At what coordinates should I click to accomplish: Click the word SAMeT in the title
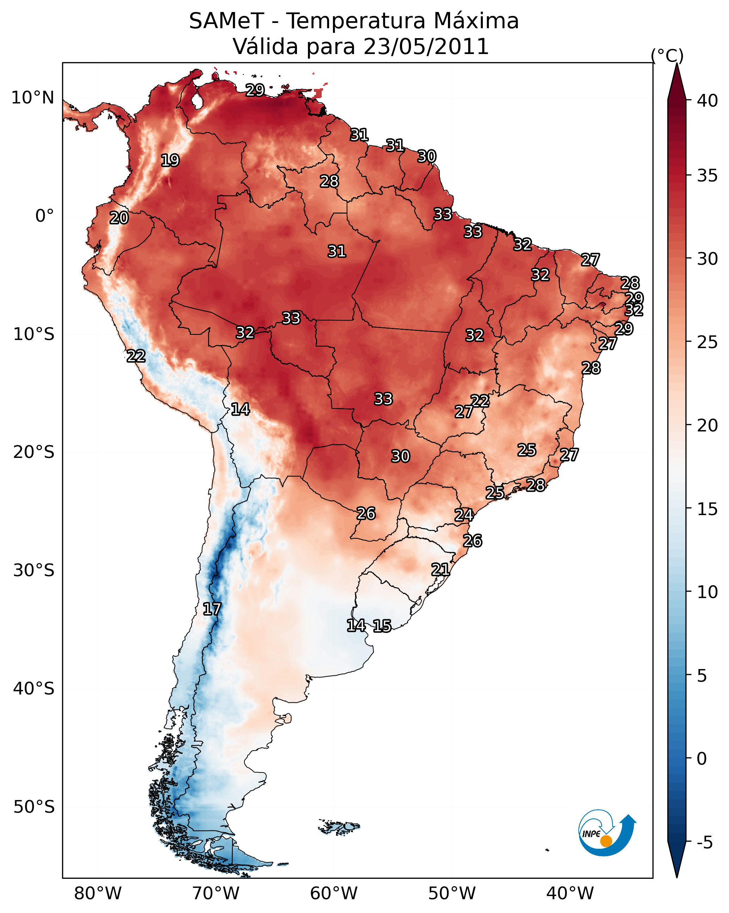point(226,21)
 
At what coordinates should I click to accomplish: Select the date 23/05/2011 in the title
point(426,47)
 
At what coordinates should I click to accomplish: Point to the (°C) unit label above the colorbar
point(667,55)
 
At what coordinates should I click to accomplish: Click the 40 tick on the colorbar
point(707,101)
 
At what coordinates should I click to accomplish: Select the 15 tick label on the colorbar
point(707,509)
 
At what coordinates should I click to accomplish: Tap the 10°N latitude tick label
point(32,98)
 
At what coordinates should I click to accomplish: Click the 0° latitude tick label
point(45,216)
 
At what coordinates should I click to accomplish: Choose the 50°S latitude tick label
point(34,807)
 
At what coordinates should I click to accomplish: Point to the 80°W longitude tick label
point(98,894)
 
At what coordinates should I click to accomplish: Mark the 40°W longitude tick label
point(570,894)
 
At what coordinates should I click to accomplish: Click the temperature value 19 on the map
point(170,161)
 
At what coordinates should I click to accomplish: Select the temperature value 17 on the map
point(212,609)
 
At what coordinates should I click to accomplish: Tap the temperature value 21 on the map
point(441,569)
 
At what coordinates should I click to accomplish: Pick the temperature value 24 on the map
point(464,515)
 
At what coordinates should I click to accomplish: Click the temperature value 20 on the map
point(119,218)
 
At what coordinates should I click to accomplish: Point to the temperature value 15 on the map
point(382,626)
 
